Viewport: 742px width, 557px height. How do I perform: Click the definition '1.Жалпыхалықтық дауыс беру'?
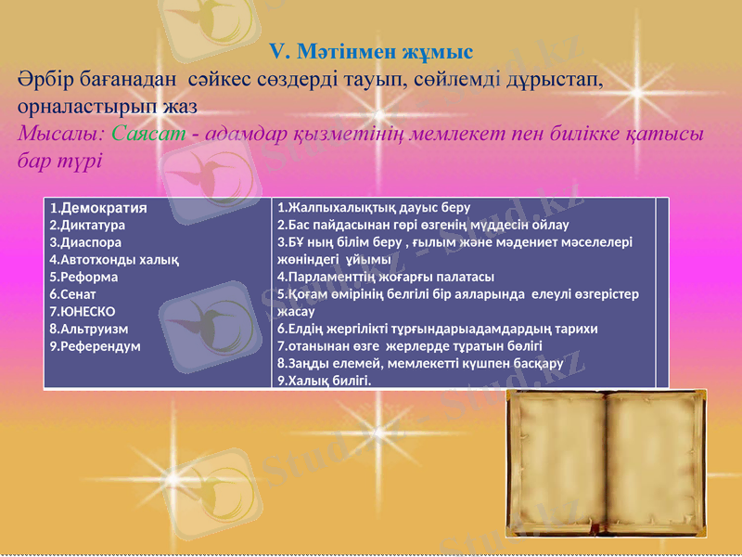[x=374, y=207]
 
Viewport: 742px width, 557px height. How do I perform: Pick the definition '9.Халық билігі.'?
[x=324, y=381]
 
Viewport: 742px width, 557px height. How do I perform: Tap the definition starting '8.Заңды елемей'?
[x=420, y=363]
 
